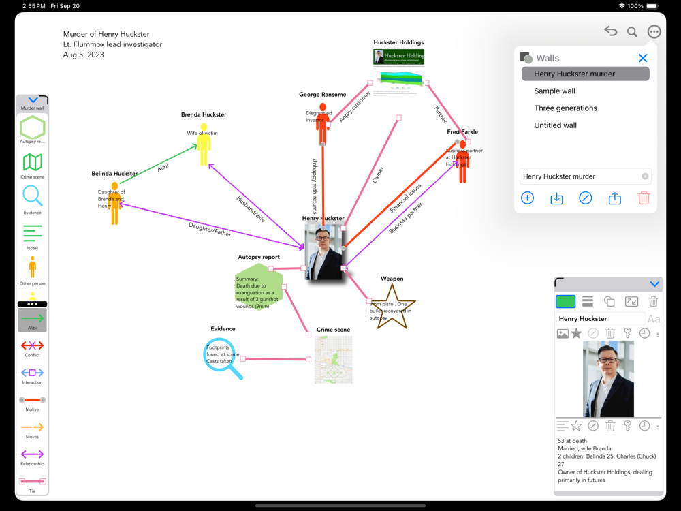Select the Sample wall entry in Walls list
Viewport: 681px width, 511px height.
554,91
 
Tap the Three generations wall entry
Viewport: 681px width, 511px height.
565,108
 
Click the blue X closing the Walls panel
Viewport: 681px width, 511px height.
642,58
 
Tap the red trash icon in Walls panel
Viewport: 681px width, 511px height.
644,198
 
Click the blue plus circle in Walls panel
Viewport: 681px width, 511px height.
527,198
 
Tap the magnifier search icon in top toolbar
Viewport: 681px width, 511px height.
632,31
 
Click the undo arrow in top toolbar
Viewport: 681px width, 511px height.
610,31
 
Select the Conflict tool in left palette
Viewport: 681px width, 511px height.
32,345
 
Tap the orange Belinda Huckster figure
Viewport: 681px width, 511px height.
114,204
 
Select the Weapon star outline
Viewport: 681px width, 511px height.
393,307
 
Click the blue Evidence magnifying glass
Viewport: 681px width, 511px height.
221,356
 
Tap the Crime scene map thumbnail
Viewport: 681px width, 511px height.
334,359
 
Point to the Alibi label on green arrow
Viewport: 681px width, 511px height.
163,167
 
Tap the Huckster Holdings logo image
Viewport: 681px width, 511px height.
399,56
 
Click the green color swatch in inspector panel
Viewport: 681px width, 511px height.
565,301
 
